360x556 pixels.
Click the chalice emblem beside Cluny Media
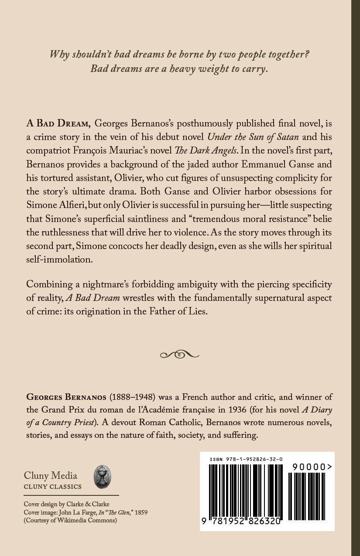pos(103,477)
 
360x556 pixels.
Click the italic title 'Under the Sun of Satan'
pos(253,137)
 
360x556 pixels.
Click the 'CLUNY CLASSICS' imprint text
pos(52,487)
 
